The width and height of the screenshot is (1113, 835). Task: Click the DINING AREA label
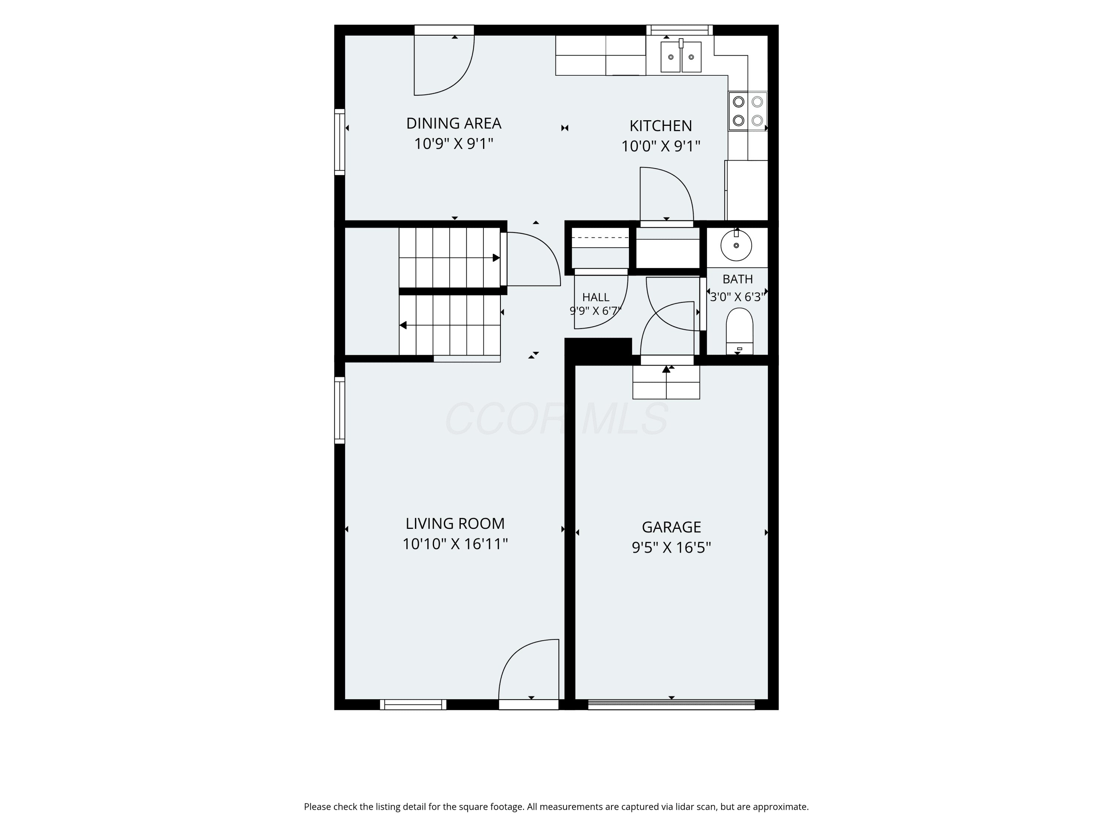[x=453, y=123]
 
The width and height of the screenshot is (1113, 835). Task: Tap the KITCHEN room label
[x=661, y=126]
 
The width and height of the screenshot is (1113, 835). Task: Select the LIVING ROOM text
[x=455, y=523]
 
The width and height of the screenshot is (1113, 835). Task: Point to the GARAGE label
[x=671, y=527]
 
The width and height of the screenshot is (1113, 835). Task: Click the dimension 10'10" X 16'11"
[x=455, y=544]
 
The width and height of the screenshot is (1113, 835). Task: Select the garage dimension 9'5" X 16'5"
[x=671, y=548]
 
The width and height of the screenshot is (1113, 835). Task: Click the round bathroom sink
[x=736, y=245]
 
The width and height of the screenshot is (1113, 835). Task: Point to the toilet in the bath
[x=740, y=331]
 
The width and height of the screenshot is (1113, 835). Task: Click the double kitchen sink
[x=681, y=56]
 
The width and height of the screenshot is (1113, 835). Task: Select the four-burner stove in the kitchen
[x=748, y=111]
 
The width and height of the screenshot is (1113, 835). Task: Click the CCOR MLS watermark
[x=556, y=419]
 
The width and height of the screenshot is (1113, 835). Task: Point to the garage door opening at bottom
[x=671, y=705]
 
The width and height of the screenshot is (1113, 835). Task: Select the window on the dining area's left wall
[x=339, y=142]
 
